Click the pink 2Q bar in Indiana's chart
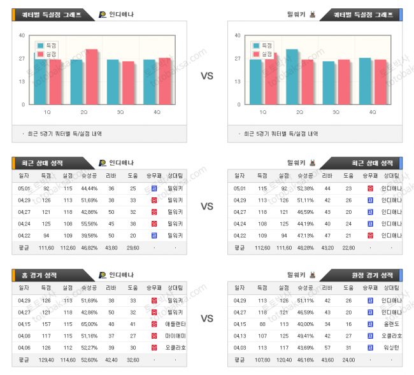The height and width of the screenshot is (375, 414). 92,76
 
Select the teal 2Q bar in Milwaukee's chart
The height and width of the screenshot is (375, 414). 292,76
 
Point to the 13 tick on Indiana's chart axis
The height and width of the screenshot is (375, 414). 22,81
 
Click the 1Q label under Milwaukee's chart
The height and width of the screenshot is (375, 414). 262,112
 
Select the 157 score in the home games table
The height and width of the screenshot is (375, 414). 47,323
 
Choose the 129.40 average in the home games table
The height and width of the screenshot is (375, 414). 47,359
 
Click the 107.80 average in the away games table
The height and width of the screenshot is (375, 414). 262,359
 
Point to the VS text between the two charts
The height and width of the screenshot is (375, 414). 207,76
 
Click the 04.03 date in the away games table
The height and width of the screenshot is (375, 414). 239,347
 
